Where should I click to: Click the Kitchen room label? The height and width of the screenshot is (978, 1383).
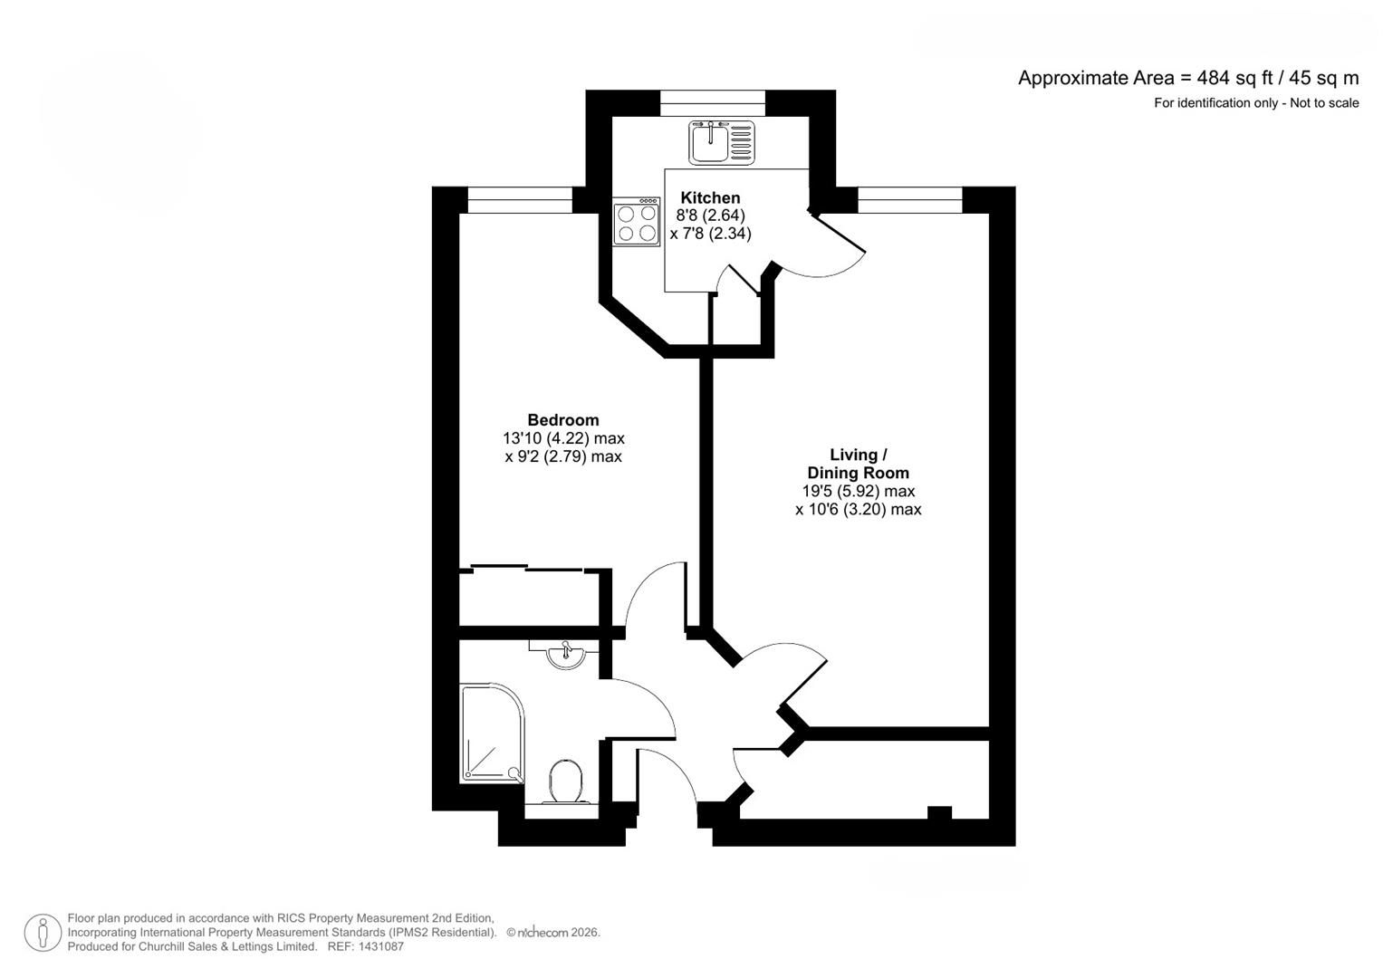[710, 197]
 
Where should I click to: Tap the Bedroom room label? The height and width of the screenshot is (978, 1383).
[562, 419]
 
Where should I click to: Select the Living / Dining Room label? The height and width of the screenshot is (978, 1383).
[858, 464]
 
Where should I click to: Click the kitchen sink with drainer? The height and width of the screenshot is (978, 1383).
[721, 142]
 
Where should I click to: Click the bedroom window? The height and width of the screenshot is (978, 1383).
[520, 200]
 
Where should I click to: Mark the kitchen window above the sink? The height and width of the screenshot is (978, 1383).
[712, 104]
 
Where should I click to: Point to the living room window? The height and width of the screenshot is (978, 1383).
[909, 200]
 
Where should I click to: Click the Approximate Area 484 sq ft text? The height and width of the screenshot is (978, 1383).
[1187, 78]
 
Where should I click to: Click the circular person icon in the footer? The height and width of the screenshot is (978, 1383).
[43, 933]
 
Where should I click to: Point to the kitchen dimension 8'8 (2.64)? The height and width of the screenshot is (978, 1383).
[710, 216]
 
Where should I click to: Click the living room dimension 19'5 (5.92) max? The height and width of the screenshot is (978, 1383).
[858, 491]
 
